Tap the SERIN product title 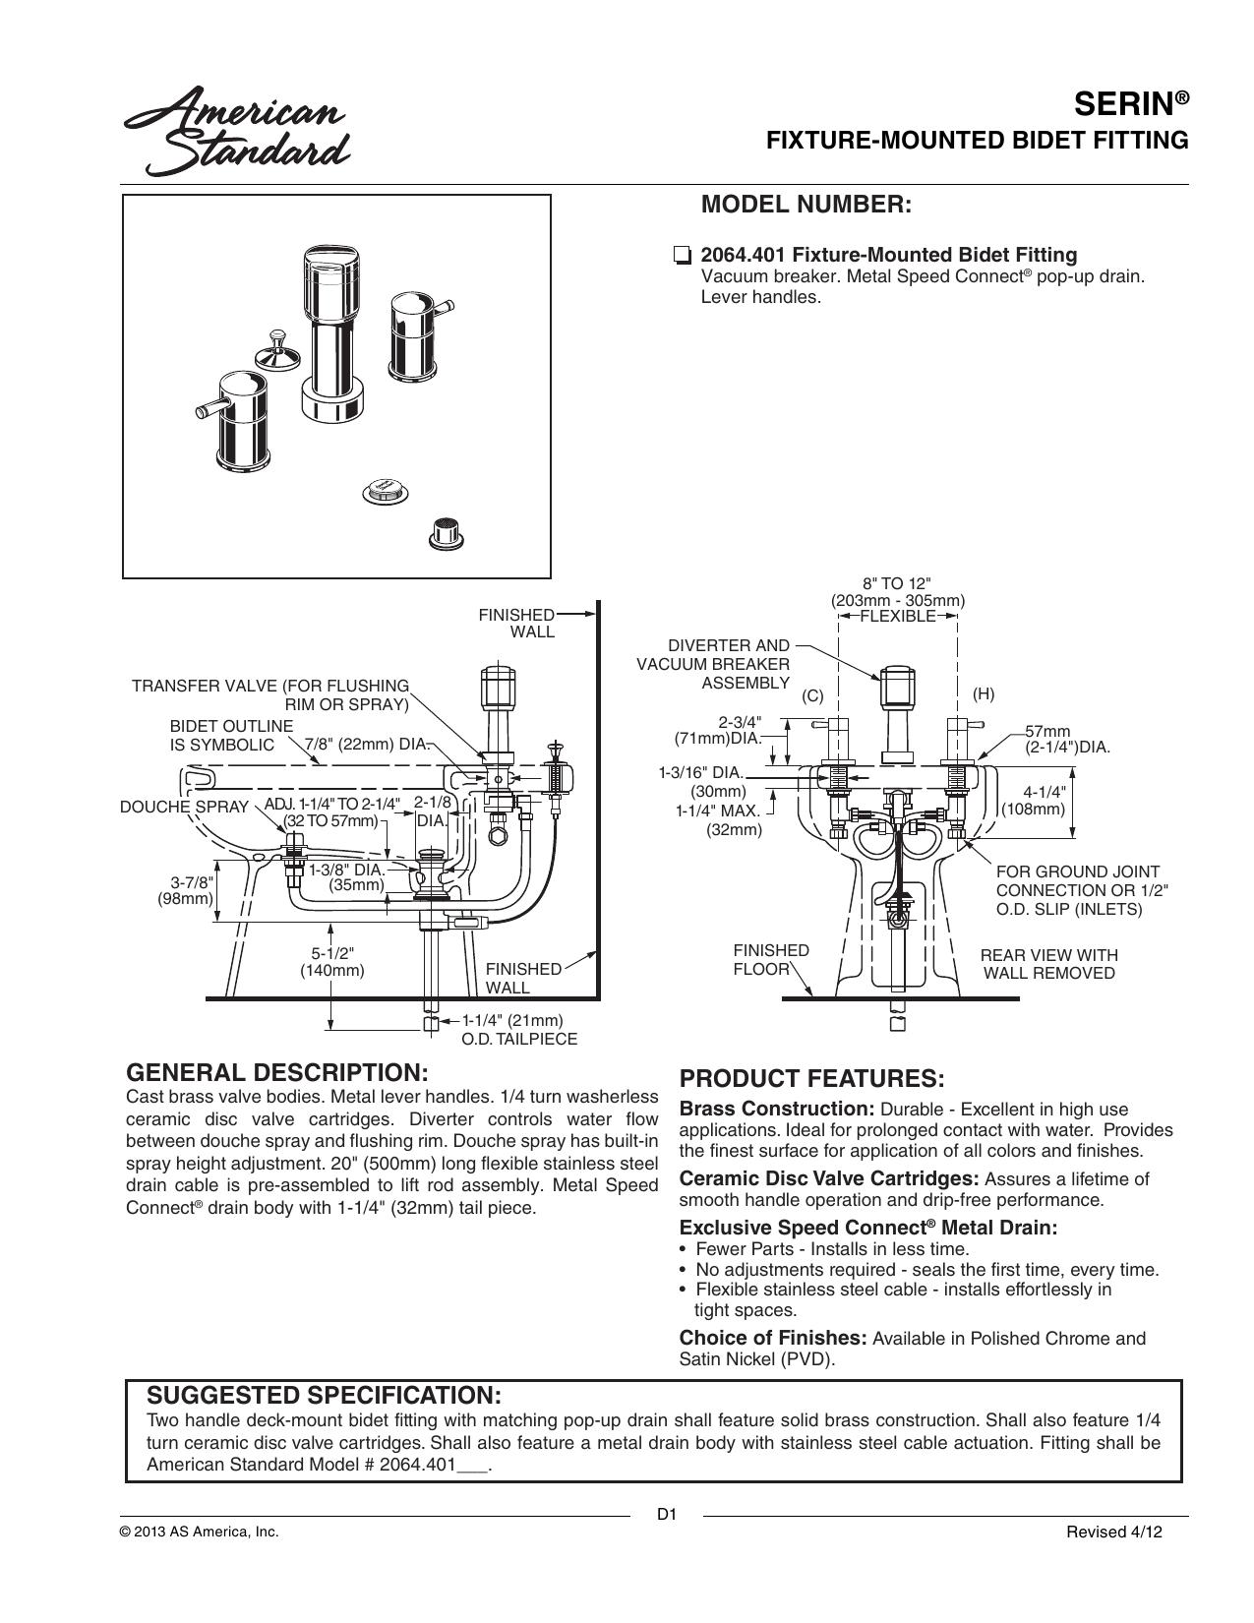[1131, 104]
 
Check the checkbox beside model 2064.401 [682, 256]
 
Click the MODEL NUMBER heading [806, 204]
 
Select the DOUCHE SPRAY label [184, 807]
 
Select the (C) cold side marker [812, 696]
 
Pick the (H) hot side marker [984, 693]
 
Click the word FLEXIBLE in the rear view [898, 616]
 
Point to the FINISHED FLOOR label [771, 960]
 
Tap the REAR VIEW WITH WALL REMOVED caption [1048, 964]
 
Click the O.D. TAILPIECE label [519, 1039]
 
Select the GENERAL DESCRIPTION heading [277, 1072]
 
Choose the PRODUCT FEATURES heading [811, 1078]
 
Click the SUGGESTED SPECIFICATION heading [324, 1395]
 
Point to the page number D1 [666, 1515]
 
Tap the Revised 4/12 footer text [1114, 1532]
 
